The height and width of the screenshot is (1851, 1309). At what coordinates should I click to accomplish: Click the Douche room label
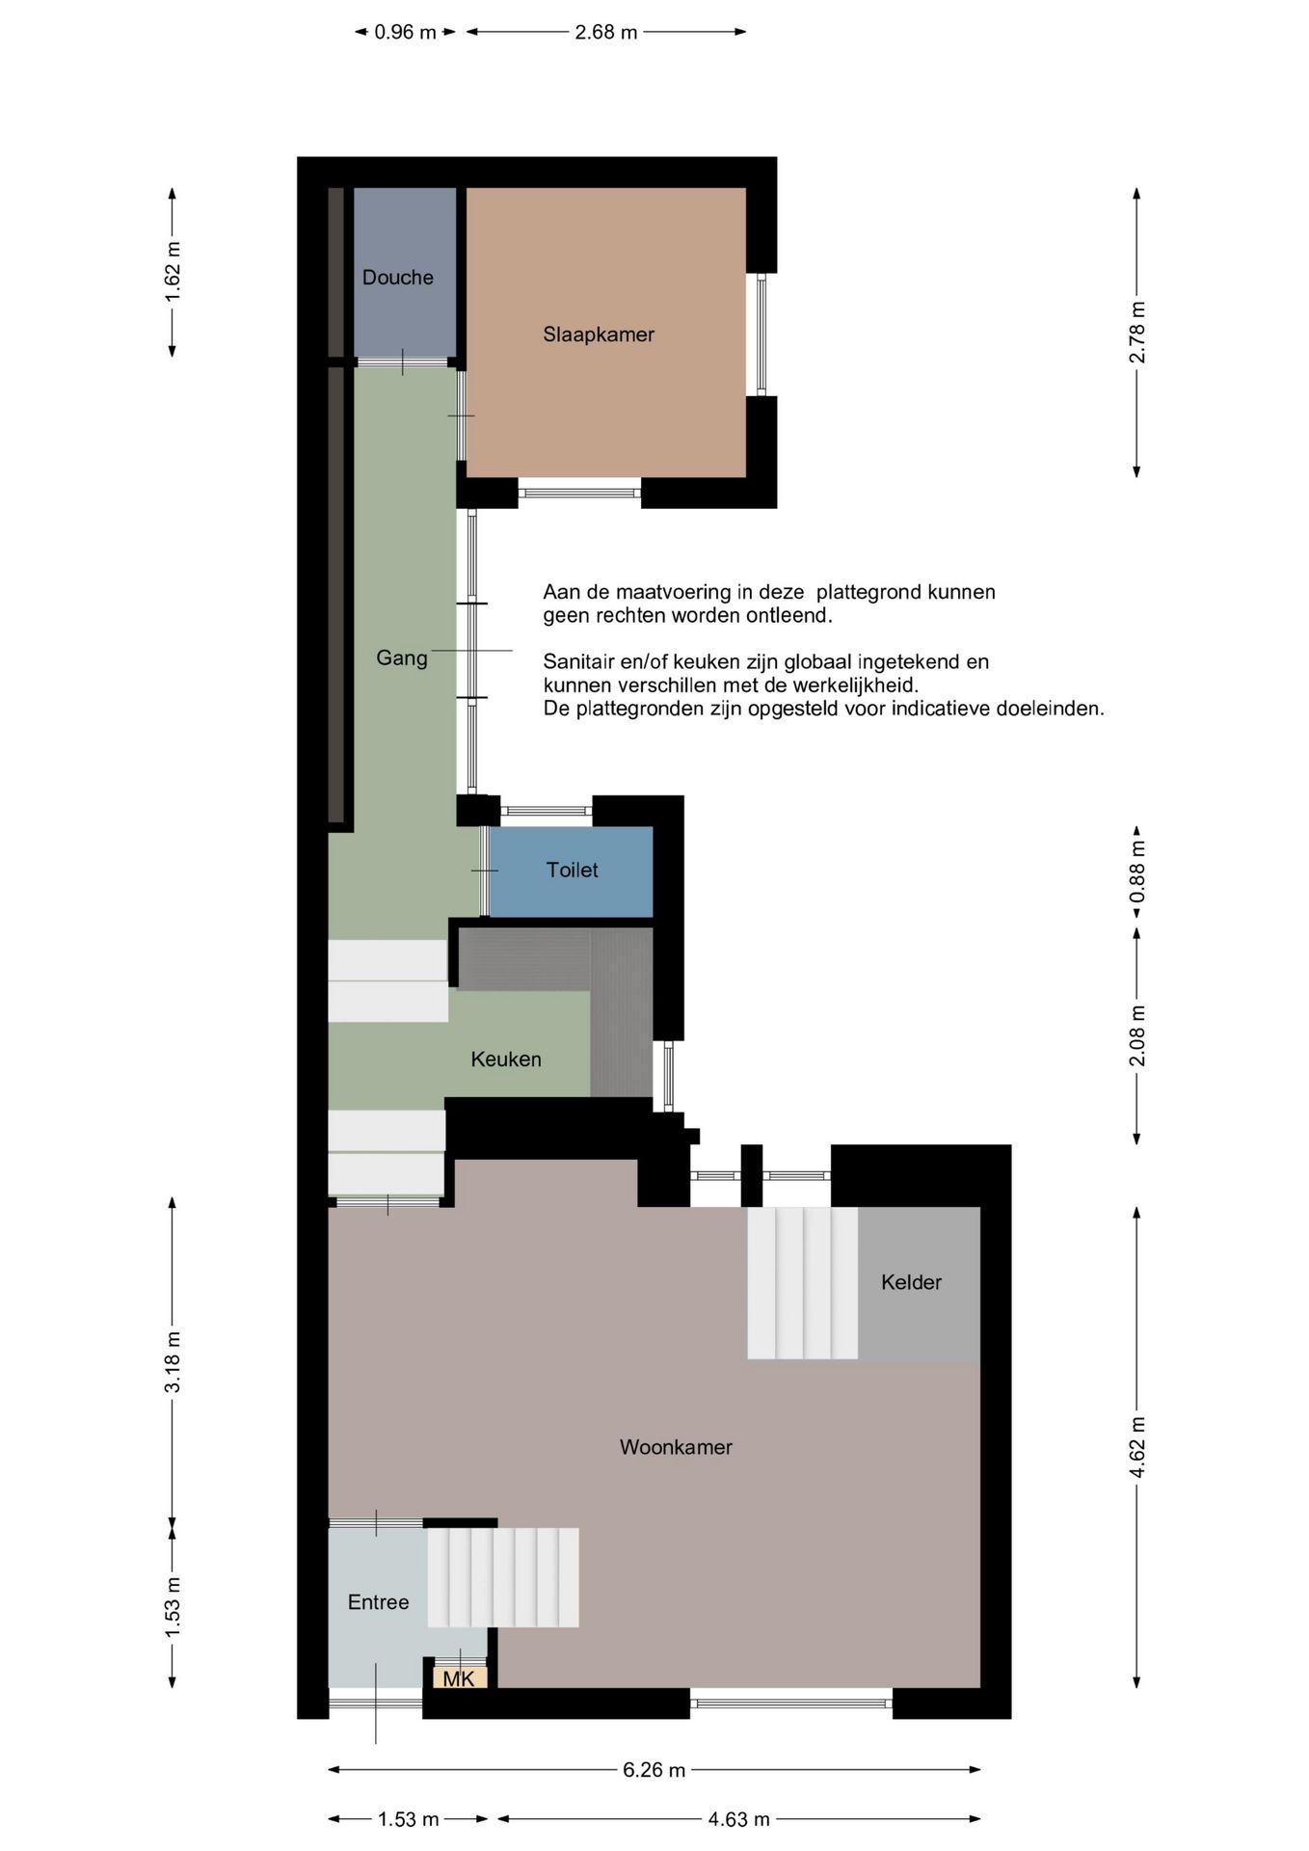pos(397,278)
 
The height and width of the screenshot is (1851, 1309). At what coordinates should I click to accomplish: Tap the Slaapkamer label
pos(598,335)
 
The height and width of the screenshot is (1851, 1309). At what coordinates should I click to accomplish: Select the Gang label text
pos(401,658)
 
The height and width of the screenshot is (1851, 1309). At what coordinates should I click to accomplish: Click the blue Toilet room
pos(571,872)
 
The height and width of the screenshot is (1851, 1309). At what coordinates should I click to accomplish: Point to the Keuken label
pos(505,1060)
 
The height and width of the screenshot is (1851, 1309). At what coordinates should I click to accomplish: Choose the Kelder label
pos(911,1282)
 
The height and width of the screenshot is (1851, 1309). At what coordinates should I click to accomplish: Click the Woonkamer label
pos(676,1447)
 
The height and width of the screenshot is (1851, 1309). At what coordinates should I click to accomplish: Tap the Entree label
pos(378,1602)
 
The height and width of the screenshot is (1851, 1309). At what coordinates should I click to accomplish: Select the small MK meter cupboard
pos(459,1678)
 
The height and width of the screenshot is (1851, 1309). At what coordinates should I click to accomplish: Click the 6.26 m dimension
pos(654,1770)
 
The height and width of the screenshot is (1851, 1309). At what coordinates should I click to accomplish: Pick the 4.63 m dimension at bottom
pos(738,1819)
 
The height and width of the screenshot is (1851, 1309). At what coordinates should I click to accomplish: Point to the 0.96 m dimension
pos(405,33)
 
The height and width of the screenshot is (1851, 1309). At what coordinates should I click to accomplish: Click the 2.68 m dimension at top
pos(606,33)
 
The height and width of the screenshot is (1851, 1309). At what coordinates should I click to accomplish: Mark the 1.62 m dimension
pos(173,271)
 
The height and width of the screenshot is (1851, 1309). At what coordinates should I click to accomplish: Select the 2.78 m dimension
pos(1137,333)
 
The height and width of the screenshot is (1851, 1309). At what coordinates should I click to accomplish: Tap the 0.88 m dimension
pos(1137,872)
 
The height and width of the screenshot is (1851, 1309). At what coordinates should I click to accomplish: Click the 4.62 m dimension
pos(1137,1447)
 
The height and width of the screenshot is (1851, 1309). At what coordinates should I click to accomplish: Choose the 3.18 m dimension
pos(173,1361)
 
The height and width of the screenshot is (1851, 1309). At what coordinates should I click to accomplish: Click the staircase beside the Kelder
pos(802,1283)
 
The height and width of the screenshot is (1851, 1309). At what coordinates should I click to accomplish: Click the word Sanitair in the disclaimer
pos(579,662)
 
